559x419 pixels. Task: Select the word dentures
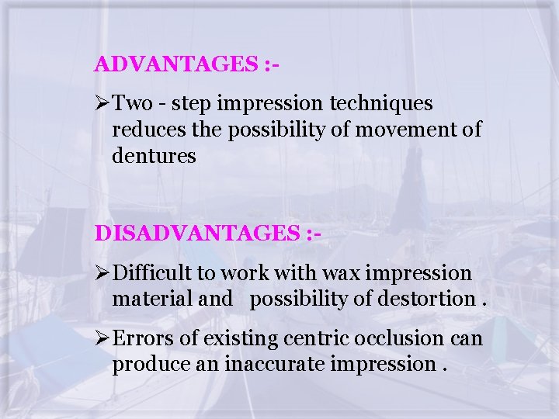coord(154,156)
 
